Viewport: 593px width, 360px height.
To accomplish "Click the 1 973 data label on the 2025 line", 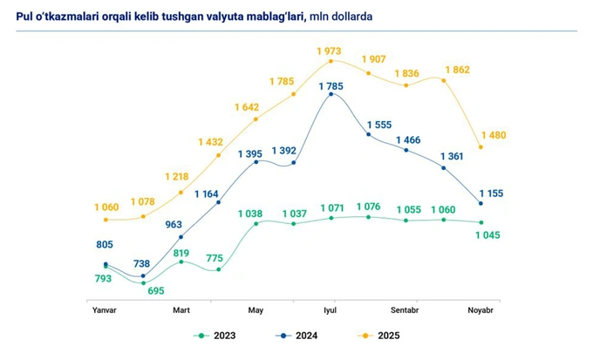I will pyautogui.click(x=331, y=51).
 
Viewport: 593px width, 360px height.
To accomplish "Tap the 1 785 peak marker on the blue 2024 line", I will pyautogui.click(x=331, y=93).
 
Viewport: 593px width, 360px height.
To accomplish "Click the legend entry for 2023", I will pyautogui.click(x=215, y=335).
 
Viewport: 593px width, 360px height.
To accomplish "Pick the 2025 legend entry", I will pyautogui.click(x=377, y=335).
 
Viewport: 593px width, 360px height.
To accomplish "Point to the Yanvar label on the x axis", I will pyautogui.click(x=106, y=309).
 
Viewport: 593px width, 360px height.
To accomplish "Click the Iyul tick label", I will pyautogui.click(x=331, y=309).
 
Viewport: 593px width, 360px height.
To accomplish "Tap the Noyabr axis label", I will pyautogui.click(x=481, y=309).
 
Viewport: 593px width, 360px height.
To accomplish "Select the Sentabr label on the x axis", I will pyautogui.click(x=406, y=309).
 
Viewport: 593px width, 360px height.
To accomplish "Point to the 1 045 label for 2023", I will pyautogui.click(x=490, y=235).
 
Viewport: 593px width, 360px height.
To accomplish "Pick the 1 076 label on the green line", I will pyautogui.click(x=370, y=207).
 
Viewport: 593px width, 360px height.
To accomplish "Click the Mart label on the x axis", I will pyautogui.click(x=181, y=309).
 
